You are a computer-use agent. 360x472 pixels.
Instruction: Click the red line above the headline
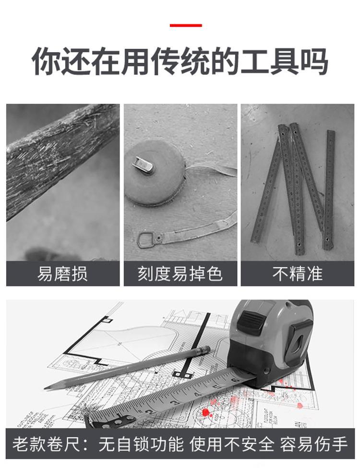(186, 25)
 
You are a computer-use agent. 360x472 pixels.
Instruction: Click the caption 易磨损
(62, 273)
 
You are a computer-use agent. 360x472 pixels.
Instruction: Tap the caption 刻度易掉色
(180, 273)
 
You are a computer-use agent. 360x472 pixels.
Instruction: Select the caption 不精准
(297, 273)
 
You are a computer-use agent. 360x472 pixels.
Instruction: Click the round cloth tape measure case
(154, 173)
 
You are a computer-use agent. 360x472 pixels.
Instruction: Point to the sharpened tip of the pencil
(47, 387)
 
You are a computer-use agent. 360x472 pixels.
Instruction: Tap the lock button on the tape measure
(249, 323)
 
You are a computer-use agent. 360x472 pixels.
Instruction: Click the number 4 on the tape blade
(197, 394)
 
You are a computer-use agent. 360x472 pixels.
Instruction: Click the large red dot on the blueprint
(206, 412)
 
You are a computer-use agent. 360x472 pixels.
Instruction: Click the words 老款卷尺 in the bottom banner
(46, 444)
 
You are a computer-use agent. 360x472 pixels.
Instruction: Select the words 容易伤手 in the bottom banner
(314, 444)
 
